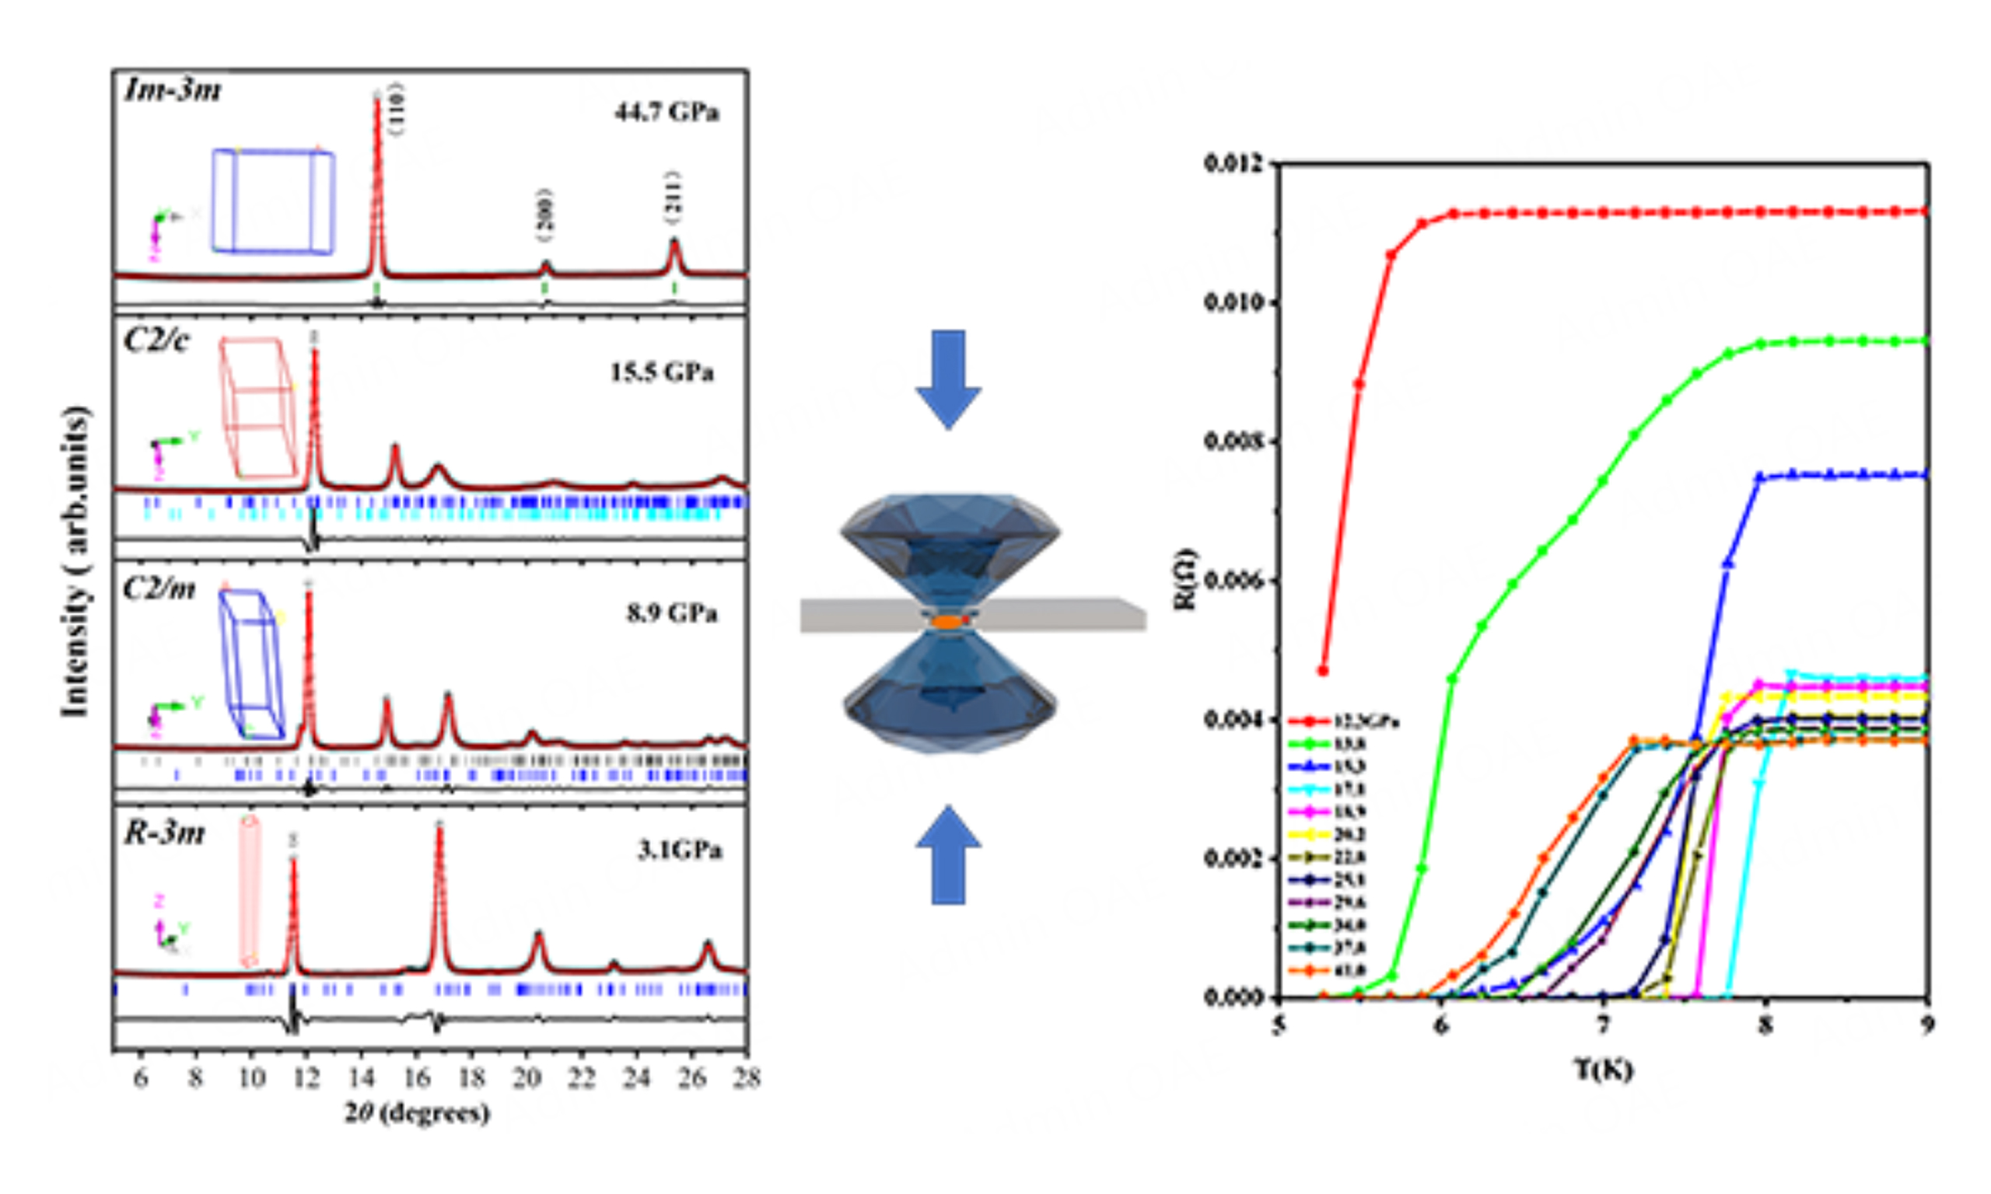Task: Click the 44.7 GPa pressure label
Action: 667,112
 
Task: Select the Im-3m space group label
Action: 172,90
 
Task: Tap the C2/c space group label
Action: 157,341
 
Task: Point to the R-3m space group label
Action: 164,833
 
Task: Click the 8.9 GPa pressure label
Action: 672,614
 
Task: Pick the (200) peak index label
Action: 546,215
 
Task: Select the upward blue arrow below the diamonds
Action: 949,856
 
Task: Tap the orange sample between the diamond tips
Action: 947,622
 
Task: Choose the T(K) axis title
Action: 1603,1070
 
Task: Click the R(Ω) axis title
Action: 1185,579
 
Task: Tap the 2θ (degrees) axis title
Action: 418,1112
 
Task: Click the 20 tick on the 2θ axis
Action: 527,1077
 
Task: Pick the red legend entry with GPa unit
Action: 1344,721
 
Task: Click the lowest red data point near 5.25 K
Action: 1323,670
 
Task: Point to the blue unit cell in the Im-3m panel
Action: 274,201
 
